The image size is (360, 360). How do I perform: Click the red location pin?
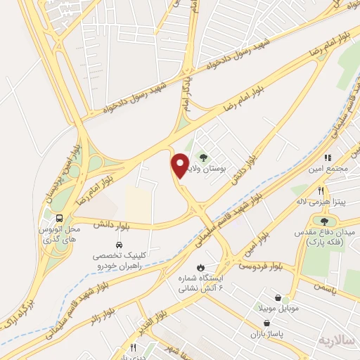(179, 165)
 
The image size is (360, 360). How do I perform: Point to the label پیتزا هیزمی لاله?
(320, 202)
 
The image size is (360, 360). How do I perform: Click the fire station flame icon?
(201, 267)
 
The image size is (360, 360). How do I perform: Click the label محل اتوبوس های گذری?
(61, 234)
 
